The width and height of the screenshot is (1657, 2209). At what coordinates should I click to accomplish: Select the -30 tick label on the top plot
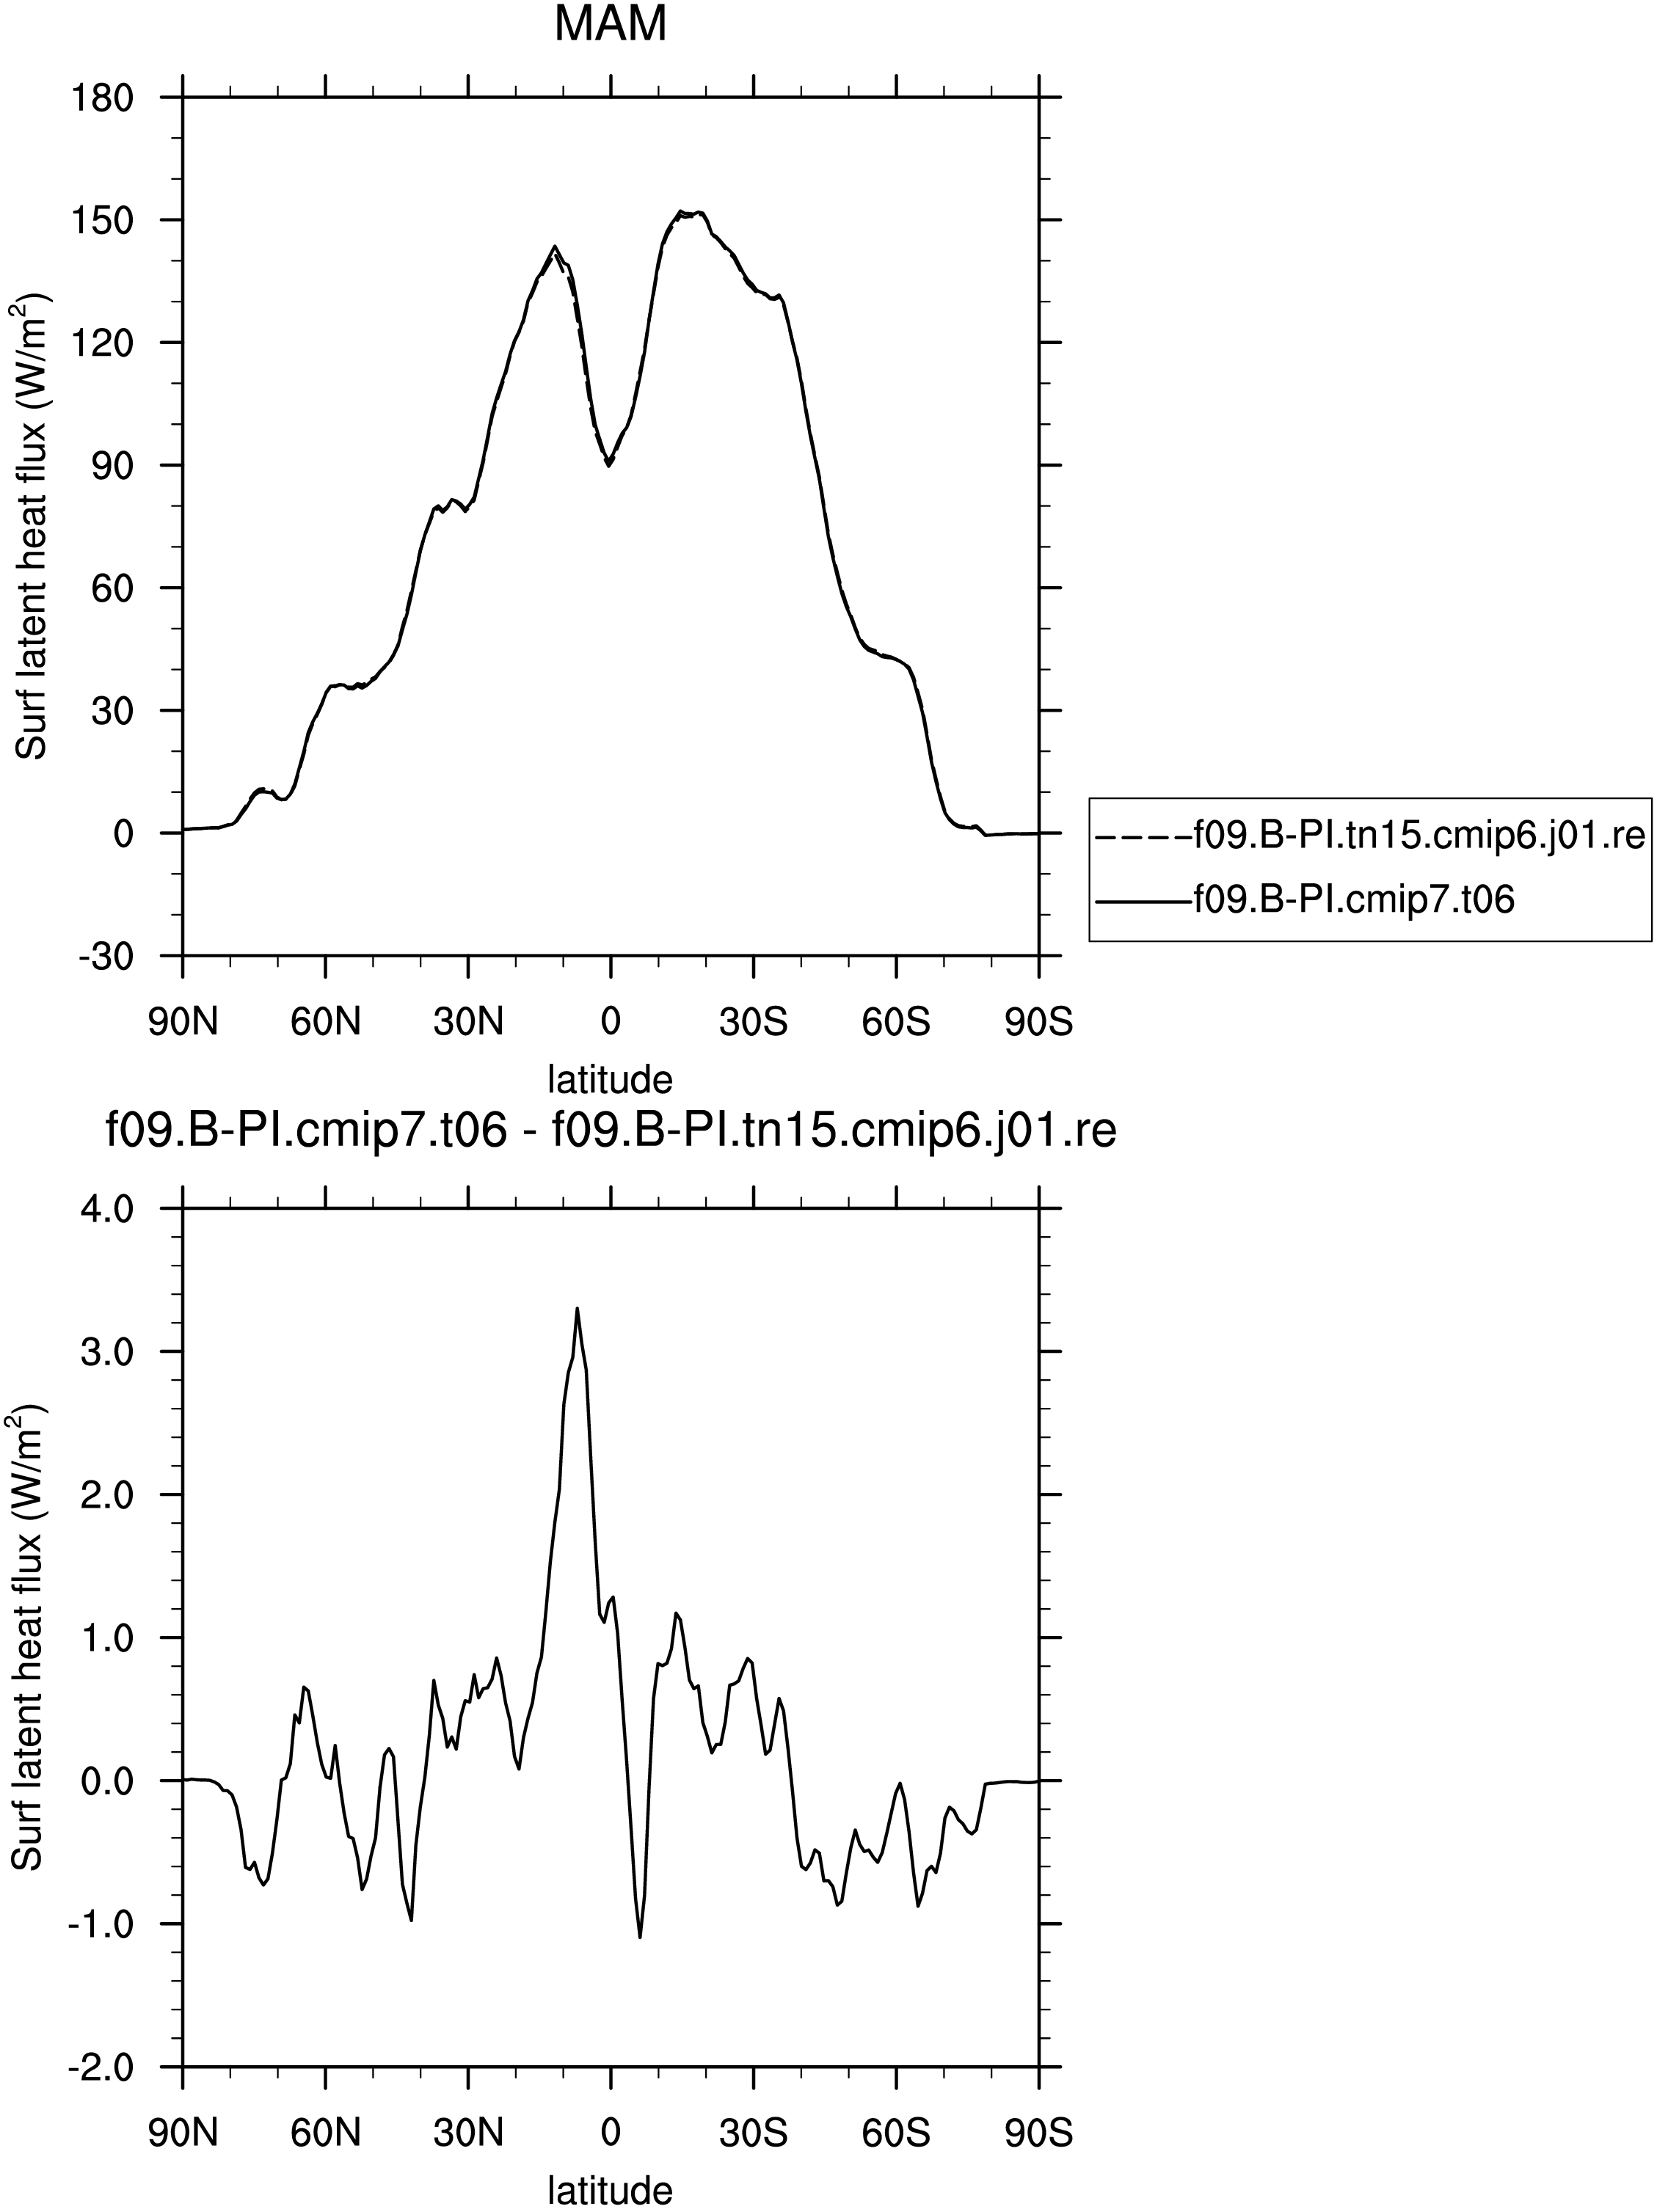click(x=101, y=956)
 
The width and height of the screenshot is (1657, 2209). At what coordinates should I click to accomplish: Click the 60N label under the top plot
click(x=326, y=1022)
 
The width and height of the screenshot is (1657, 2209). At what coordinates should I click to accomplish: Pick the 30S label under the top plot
click(x=753, y=1022)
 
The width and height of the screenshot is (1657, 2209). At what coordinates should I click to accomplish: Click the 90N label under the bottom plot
click(x=183, y=2133)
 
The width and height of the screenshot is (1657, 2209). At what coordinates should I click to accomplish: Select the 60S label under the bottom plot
click(x=896, y=2133)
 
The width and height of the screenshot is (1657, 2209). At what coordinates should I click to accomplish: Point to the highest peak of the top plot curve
click(x=680, y=212)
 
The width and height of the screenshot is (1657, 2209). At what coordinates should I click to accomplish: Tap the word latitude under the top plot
click(x=611, y=1078)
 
